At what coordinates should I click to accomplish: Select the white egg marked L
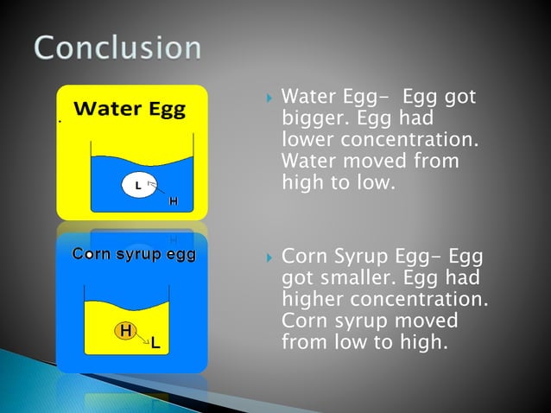click(x=137, y=185)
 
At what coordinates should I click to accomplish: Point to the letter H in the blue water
click(x=174, y=201)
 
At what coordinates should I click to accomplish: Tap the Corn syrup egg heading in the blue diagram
click(x=133, y=255)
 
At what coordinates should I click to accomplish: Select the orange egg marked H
click(x=125, y=331)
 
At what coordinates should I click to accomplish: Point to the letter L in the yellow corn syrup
click(x=155, y=344)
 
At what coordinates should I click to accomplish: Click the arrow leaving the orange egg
click(x=142, y=339)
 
